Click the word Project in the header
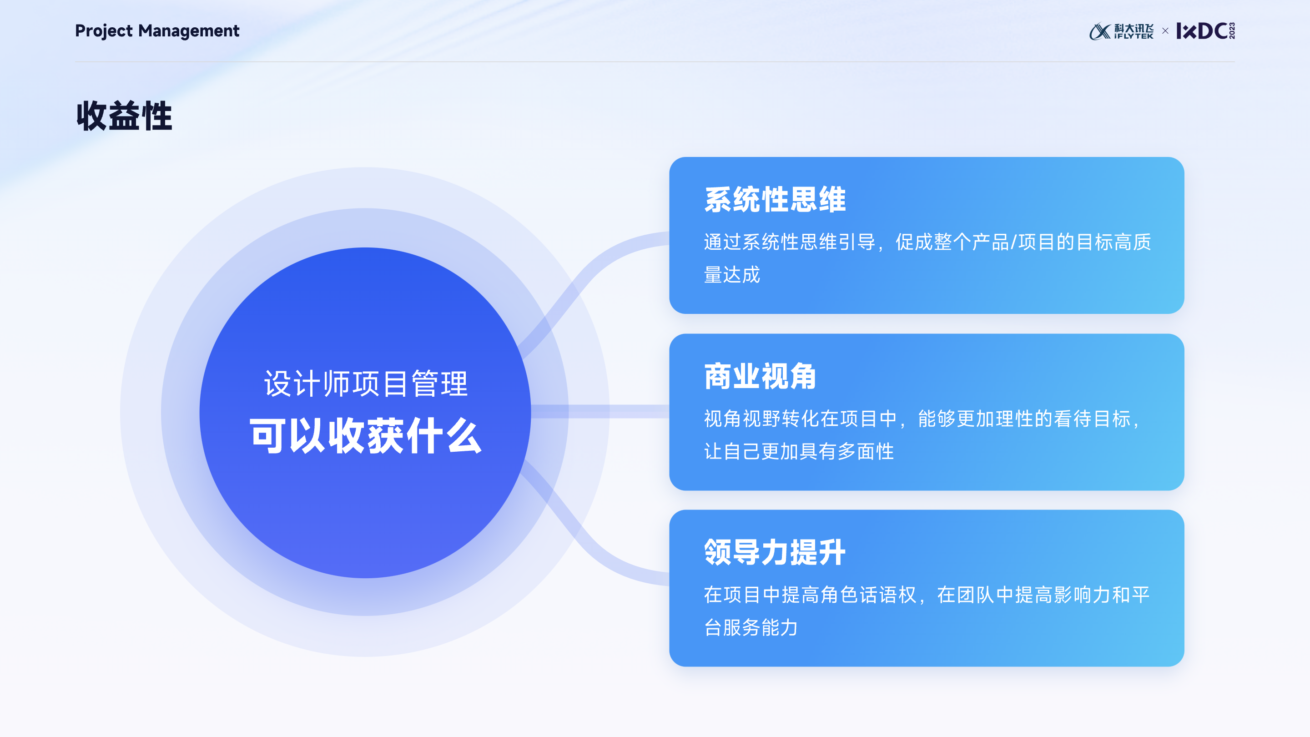104,31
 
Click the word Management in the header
189,31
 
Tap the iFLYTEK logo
1121,31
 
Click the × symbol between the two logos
1165,31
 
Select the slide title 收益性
125,116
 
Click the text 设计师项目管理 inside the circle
365,384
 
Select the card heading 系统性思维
775,199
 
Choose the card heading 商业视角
760,376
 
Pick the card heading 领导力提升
775,552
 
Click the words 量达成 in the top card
732,275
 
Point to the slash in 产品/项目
1013,242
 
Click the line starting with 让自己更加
798,451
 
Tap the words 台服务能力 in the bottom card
751,628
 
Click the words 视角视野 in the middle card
742,419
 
